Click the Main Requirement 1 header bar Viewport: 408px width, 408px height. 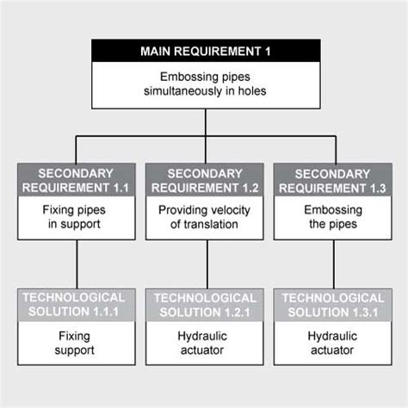205,51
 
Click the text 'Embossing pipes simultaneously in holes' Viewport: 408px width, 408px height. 205,84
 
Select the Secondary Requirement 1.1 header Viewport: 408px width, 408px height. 77,179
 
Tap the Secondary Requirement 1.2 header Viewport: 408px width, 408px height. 205,179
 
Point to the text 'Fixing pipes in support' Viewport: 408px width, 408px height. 77,217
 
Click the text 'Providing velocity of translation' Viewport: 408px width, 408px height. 205,217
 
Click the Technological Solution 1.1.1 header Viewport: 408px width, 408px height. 77,302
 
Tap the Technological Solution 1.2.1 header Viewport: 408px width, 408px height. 205,302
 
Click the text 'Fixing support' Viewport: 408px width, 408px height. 77,343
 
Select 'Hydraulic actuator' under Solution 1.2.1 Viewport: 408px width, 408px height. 205,343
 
